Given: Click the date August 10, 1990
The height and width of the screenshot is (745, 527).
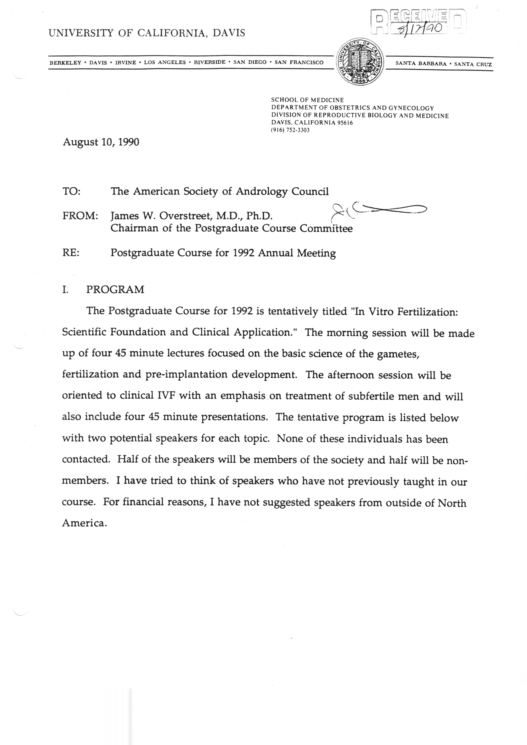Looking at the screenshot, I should tap(101, 142).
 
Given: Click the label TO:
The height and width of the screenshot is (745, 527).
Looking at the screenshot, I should tap(71, 191).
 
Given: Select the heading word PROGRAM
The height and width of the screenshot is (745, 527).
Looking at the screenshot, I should tap(115, 289).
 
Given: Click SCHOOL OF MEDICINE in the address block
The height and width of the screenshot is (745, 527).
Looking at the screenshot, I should tap(307, 100).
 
